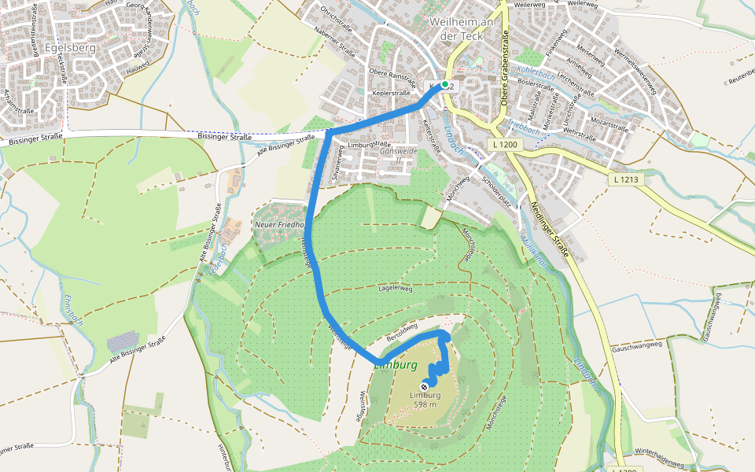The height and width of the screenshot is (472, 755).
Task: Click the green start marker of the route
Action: [x=445, y=84]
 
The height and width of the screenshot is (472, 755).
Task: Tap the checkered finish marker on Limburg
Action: [x=425, y=385]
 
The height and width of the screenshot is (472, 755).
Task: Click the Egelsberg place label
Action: [x=70, y=46]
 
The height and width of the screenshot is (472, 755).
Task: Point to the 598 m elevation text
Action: [x=425, y=404]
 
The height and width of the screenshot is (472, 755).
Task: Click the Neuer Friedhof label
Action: [x=278, y=225]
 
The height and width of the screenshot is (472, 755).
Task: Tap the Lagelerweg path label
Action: [x=395, y=289]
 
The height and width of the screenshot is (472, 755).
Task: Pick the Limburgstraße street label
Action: [x=369, y=145]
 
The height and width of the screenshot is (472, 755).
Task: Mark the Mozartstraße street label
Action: [x=611, y=126]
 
